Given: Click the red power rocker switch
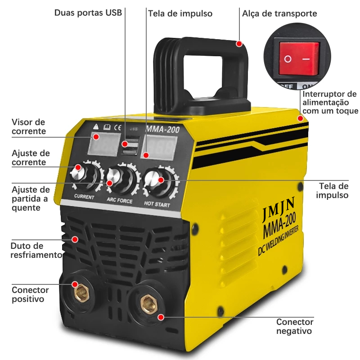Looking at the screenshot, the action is pyautogui.click(x=299, y=58).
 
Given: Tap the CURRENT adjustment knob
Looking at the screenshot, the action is pyautogui.click(x=85, y=175).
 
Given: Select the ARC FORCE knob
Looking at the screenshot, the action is pyautogui.click(x=121, y=179).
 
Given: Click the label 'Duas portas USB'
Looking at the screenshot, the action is pyautogui.click(x=88, y=13).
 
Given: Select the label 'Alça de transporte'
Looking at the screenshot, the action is pyautogui.click(x=279, y=13).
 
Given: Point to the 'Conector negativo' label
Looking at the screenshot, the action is pyautogui.click(x=295, y=326).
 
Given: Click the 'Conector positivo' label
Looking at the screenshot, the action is pyautogui.click(x=30, y=294).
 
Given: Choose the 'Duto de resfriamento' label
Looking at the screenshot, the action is pyautogui.click(x=36, y=250).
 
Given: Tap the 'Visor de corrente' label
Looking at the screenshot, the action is pyautogui.click(x=28, y=126).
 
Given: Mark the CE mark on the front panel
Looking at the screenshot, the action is pyautogui.click(x=117, y=127).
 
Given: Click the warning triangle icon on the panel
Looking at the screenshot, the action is pyautogui.click(x=96, y=126).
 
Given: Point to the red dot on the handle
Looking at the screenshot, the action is pyautogui.click(x=239, y=44).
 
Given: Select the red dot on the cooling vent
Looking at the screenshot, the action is pyautogui.click(x=75, y=239).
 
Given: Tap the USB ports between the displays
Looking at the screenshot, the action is pyautogui.click(x=130, y=148).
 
